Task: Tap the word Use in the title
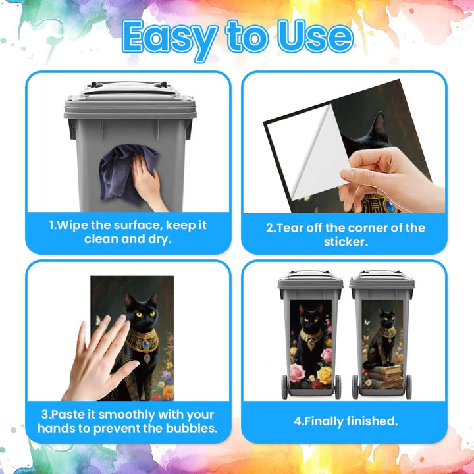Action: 315,36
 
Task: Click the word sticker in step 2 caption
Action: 346,242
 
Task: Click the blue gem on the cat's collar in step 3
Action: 146,344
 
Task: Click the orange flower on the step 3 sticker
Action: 168,392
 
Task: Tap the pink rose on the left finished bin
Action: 297,373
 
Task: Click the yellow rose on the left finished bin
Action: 324,375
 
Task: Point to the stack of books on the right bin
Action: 384,377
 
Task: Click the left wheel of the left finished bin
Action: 285,387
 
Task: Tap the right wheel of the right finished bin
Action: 408,387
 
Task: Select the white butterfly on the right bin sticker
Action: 367,322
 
